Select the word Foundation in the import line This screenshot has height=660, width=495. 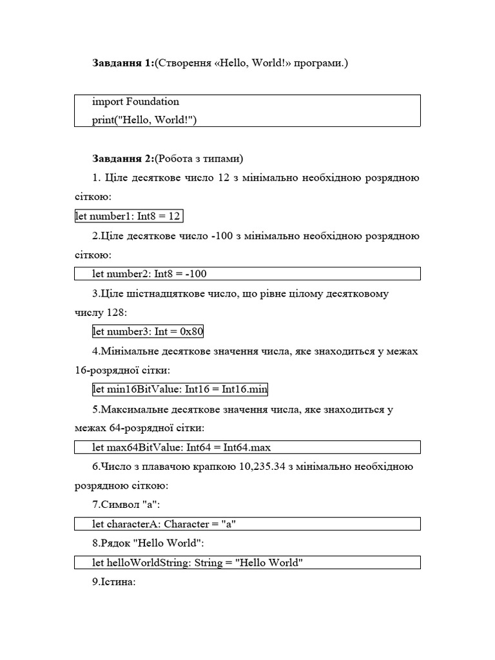click(x=153, y=102)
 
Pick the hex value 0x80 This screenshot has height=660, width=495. click(x=191, y=332)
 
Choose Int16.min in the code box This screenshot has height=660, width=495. click(x=246, y=389)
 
